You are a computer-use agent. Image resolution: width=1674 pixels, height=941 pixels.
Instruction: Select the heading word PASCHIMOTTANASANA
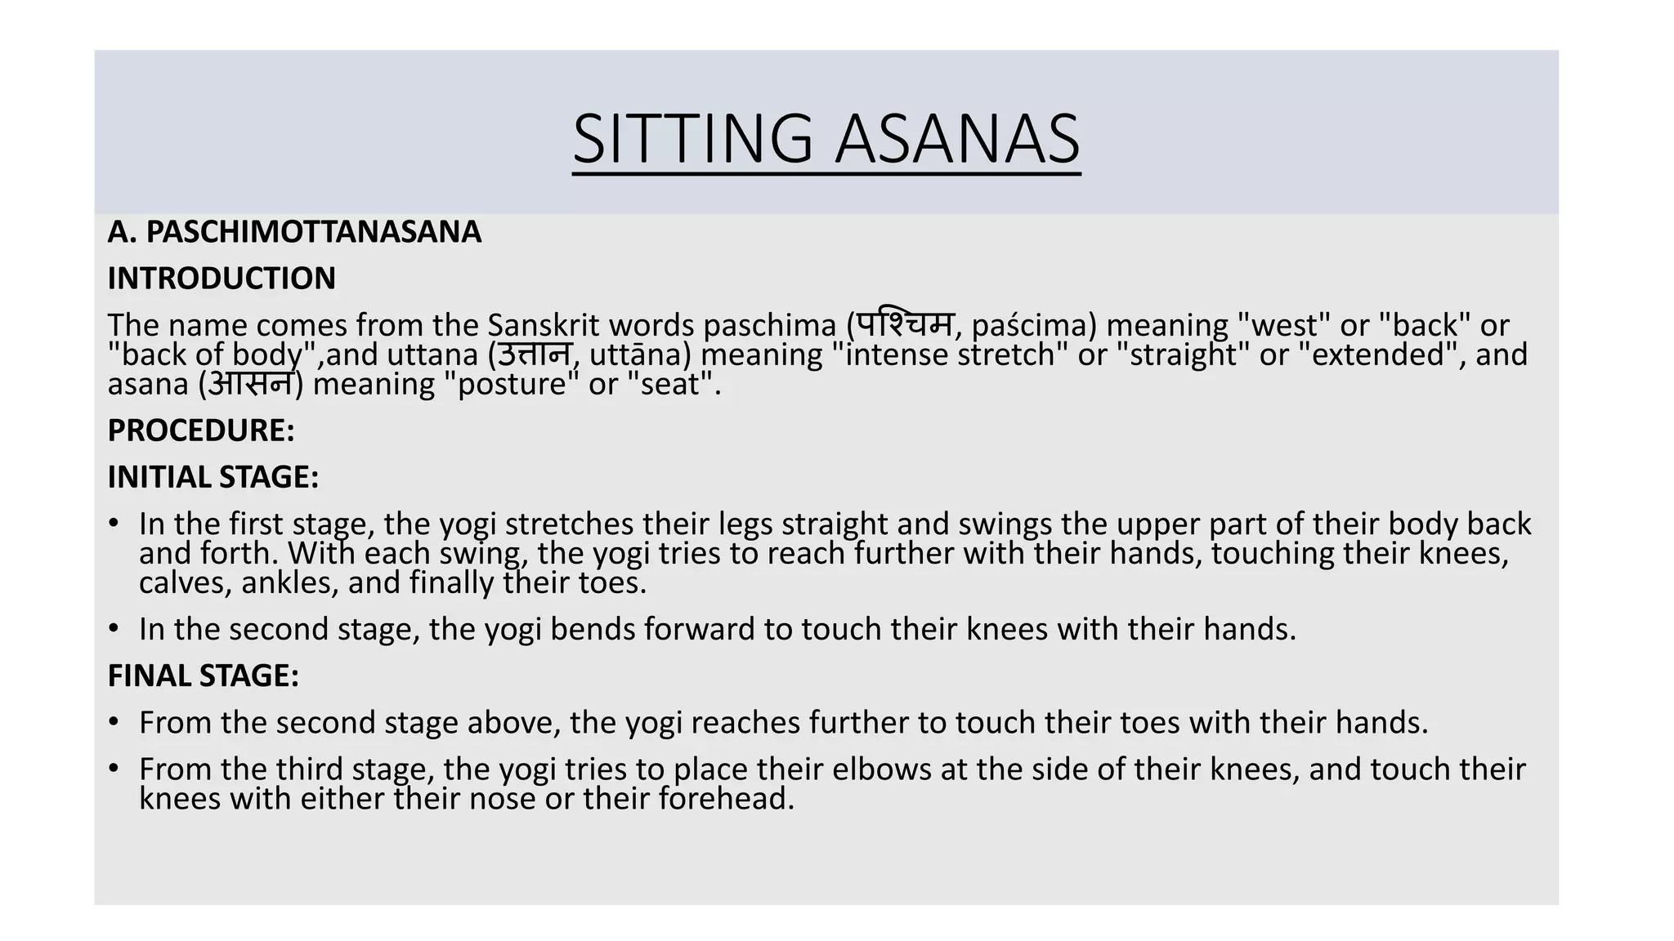[314, 232]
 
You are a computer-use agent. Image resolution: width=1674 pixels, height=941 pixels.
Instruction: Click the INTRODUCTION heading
[222, 279]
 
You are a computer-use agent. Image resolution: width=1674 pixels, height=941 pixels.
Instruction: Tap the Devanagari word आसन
[250, 383]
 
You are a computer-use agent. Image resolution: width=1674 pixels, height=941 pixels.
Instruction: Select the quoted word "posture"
[512, 384]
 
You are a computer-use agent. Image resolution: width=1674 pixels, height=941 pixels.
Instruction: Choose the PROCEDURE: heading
[201, 430]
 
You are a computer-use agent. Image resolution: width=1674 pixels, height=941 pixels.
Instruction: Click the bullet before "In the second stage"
[114, 629]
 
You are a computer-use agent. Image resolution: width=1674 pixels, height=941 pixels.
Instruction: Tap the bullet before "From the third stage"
[114, 769]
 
